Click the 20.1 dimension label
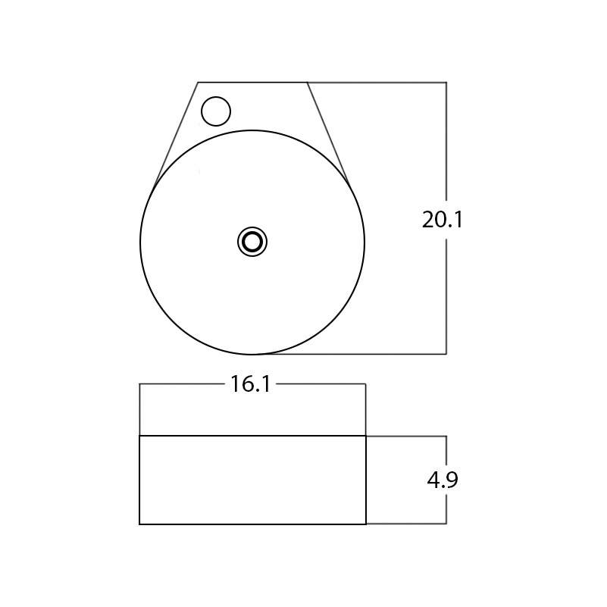(442, 220)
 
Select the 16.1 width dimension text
(251, 385)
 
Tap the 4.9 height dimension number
(442, 480)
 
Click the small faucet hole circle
(216, 111)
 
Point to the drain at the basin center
(252, 242)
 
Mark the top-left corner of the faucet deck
(198, 82)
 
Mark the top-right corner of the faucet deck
(308, 82)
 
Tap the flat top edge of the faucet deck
(252, 82)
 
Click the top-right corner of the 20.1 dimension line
(446, 82)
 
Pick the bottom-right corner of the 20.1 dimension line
(446, 354)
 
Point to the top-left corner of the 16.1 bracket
(139, 384)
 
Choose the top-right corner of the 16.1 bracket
(366, 384)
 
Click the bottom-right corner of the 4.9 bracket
(446, 524)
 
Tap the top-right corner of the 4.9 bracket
(446, 436)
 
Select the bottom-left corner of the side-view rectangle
(139, 524)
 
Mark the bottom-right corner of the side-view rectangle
(366, 524)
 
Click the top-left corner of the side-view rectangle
(139, 436)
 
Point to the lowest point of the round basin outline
(252, 354)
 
